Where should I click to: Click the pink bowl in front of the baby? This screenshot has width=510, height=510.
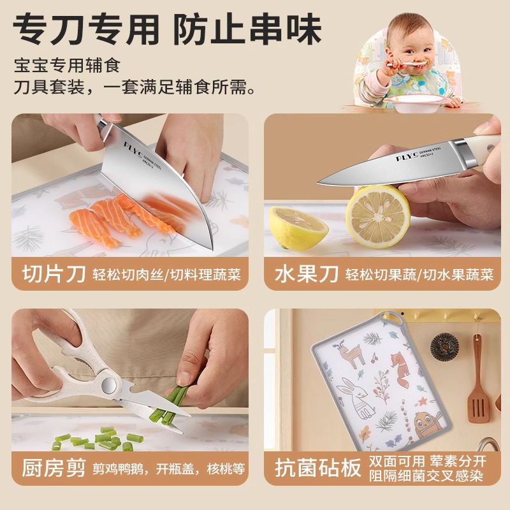(414, 101)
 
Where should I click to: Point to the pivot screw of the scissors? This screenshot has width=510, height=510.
(108, 384)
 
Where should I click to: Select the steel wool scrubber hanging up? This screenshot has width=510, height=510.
(444, 347)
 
